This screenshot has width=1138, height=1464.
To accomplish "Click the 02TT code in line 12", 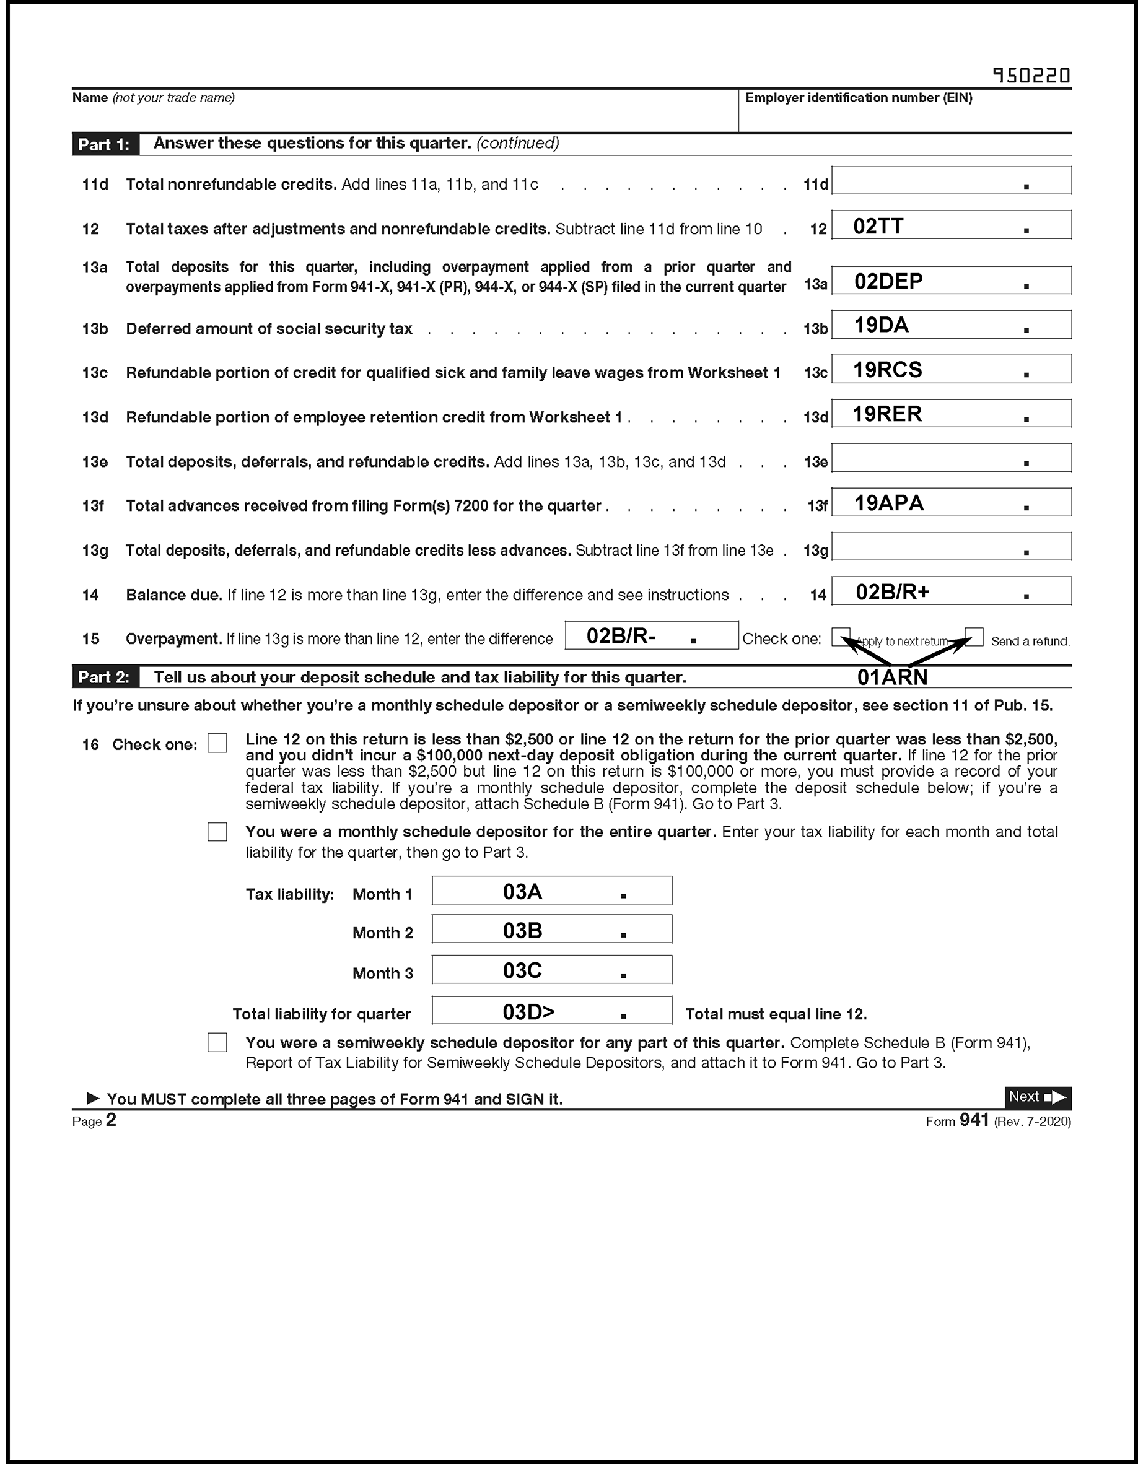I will click(x=878, y=227).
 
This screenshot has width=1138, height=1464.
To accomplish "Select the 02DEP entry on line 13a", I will click(x=888, y=281).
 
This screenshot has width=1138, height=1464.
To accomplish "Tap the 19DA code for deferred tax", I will click(x=880, y=325).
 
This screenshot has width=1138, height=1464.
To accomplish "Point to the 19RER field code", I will click(x=886, y=414).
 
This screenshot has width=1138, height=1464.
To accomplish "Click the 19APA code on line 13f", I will click(x=888, y=503).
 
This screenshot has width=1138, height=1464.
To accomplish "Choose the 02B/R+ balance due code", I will click(x=892, y=592).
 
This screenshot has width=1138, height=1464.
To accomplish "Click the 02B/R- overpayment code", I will click(x=620, y=635).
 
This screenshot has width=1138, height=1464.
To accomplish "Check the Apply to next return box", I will click(x=840, y=636).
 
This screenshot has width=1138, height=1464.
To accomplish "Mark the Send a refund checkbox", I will click(x=974, y=636).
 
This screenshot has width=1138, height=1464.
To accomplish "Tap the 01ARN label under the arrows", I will click(x=892, y=678).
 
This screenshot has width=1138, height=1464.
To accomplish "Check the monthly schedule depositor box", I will click(x=217, y=832).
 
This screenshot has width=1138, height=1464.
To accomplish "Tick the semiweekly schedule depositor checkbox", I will click(x=217, y=1042).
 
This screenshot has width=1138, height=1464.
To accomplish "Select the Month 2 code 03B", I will click(x=522, y=930).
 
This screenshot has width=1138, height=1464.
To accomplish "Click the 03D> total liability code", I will click(x=528, y=1011).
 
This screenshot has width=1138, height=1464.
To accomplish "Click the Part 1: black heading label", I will click(x=105, y=144).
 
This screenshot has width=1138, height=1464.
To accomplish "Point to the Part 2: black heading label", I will click(x=105, y=677).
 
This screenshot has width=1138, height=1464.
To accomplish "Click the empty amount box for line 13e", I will click(x=950, y=458).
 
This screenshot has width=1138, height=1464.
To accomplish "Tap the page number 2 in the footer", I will click(x=111, y=1120).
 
